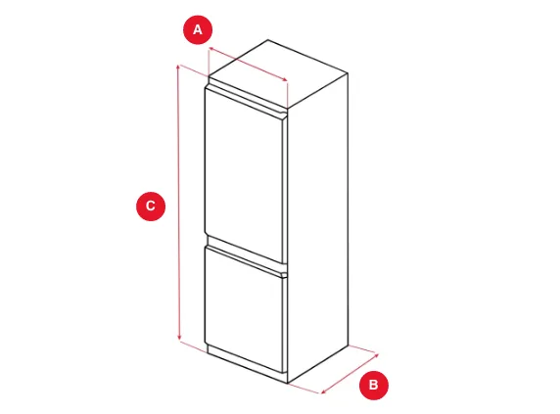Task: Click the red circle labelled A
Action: [198, 29]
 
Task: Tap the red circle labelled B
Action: [374, 385]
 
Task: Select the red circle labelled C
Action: [151, 206]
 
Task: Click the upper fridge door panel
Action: [246, 175]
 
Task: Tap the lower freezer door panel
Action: [246, 308]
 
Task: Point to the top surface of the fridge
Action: [278, 73]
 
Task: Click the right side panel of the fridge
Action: [318, 228]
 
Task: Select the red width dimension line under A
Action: [249, 64]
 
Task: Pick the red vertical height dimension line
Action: [178, 203]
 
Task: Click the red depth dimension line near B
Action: [350, 374]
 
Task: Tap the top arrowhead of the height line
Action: [178, 68]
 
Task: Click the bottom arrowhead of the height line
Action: [179, 339]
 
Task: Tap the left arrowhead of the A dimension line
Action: [211, 48]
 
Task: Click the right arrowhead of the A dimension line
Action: [285, 80]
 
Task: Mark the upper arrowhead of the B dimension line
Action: [376, 354]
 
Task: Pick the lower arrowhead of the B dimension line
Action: [324, 391]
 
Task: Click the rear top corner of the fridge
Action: [268, 39]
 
